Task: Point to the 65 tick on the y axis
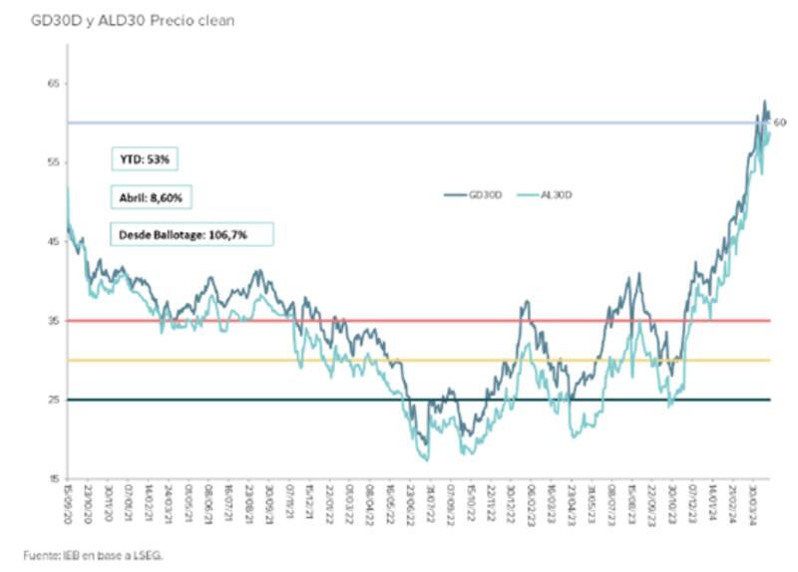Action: [53, 84]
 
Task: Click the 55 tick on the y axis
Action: [53, 162]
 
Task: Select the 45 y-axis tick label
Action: [53, 241]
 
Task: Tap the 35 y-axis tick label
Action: [53, 321]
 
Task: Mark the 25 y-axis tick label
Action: [53, 400]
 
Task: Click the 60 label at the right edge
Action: [781, 123]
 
